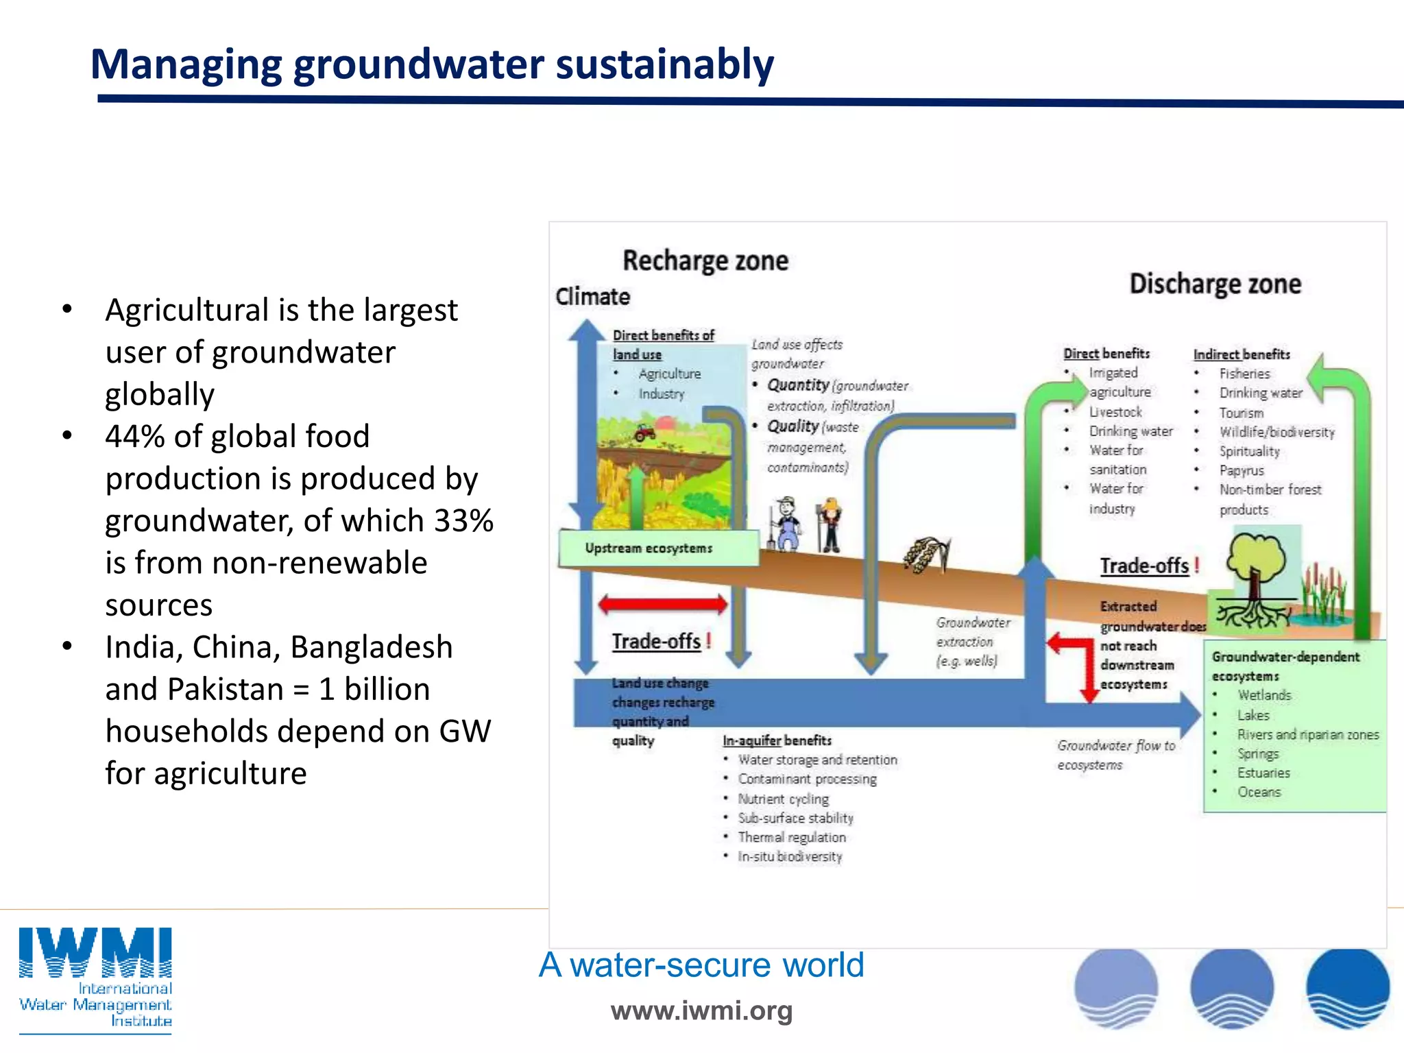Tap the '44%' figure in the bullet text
click(x=134, y=437)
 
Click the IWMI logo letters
click(x=95, y=953)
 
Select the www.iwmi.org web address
click(x=701, y=1010)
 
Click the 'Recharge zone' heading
click(x=705, y=261)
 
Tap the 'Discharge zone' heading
click(x=1214, y=284)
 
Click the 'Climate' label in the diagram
click(x=592, y=297)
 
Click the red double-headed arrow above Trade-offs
click(x=662, y=604)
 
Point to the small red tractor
click(x=644, y=433)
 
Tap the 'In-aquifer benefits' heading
click(x=776, y=740)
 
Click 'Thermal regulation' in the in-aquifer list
click(x=791, y=837)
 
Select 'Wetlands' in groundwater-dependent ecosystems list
click(x=1263, y=695)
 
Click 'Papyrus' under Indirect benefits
click(x=1241, y=470)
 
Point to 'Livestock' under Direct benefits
click(x=1115, y=412)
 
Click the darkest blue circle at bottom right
click(x=1347, y=987)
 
